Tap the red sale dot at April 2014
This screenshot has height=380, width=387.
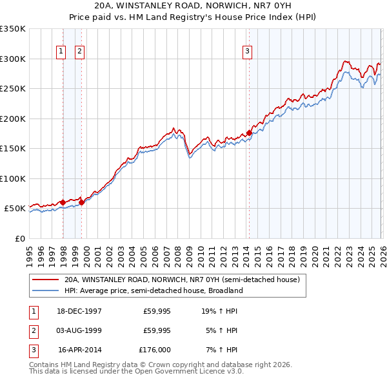(249, 133)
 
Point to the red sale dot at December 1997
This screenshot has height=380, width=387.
(63, 202)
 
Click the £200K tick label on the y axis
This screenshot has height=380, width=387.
(13, 119)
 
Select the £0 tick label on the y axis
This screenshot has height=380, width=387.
(19, 238)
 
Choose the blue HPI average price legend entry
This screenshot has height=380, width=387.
(153, 290)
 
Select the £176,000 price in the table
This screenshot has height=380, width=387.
(155, 350)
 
